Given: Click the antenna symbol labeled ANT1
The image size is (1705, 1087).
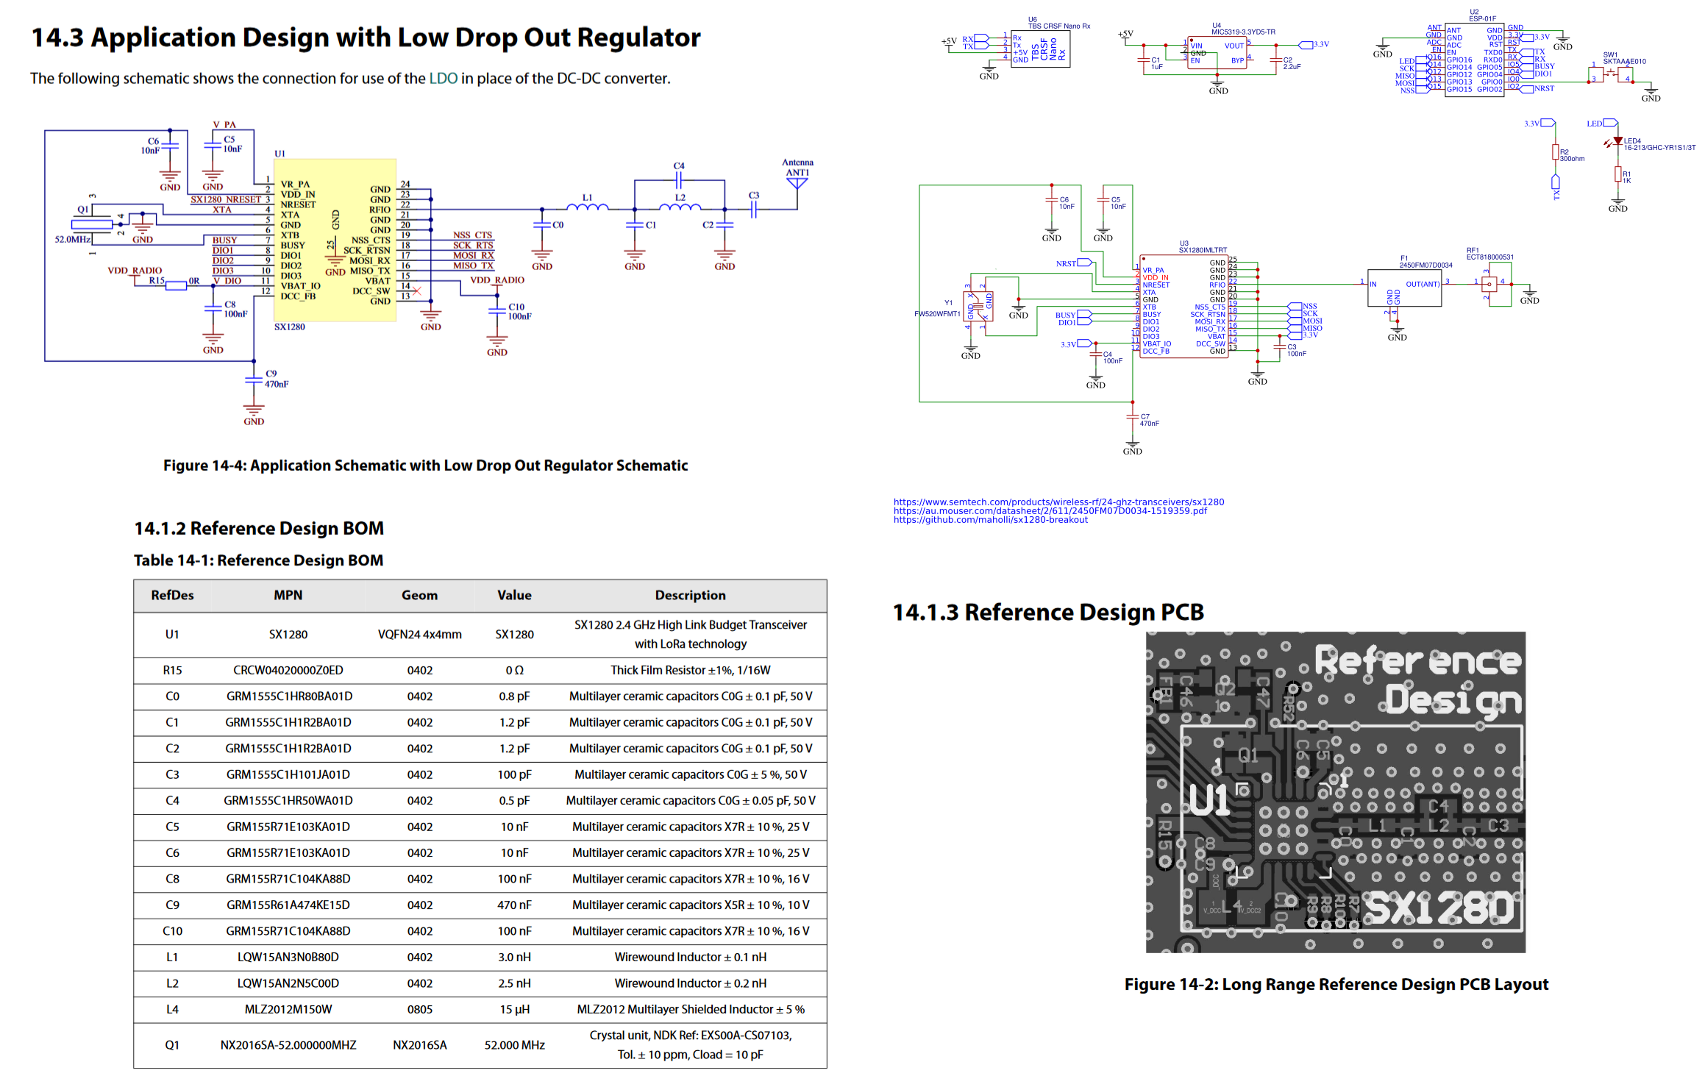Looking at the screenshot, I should click(x=797, y=182).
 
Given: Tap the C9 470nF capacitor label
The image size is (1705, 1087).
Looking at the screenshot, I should click(x=276, y=379).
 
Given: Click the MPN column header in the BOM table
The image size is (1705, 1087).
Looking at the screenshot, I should click(x=288, y=595).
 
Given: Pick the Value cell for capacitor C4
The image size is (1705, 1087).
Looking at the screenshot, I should click(x=513, y=800).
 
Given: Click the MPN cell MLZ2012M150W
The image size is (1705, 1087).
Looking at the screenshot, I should click(x=288, y=1009).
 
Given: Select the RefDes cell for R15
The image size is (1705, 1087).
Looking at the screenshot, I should click(x=172, y=670).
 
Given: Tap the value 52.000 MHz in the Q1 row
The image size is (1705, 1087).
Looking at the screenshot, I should click(x=513, y=1044).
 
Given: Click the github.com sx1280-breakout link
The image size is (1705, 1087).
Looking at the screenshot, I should click(x=990, y=520).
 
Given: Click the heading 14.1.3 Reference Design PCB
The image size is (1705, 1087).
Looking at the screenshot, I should click(x=1047, y=612).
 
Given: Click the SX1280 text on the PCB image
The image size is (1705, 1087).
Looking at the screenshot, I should click(x=1440, y=908).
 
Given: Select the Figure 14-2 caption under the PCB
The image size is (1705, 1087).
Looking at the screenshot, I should click(x=1336, y=984).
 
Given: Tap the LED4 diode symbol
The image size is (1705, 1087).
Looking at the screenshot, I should click(x=1617, y=141).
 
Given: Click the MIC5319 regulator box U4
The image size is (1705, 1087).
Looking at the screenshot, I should click(x=1217, y=53).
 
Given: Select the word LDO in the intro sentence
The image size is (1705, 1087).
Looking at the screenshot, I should click(x=443, y=79).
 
